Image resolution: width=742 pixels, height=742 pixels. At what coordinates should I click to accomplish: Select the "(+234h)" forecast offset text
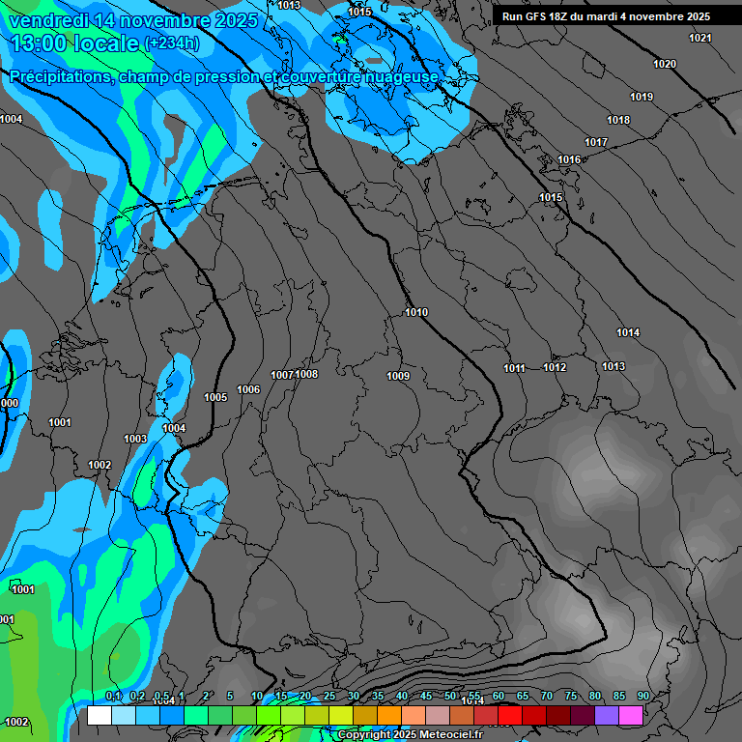pyautogui.click(x=171, y=43)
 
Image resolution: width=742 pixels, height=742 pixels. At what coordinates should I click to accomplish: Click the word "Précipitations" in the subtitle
pyautogui.click(x=60, y=76)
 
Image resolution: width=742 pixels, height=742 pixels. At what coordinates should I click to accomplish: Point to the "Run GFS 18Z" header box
pyautogui.click(x=606, y=16)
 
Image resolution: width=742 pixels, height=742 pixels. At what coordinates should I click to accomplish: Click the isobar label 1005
pyautogui.click(x=215, y=397)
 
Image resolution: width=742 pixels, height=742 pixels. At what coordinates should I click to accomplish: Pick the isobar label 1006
pyautogui.click(x=248, y=389)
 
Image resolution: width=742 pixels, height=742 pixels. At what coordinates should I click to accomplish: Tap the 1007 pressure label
pyautogui.click(x=282, y=375)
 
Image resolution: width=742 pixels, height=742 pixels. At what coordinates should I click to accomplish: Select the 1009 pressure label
pyautogui.click(x=398, y=376)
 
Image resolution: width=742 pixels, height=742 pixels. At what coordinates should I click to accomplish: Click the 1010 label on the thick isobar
pyautogui.click(x=416, y=312)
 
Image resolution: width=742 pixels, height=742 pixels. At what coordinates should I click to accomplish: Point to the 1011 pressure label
pyautogui.click(x=514, y=368)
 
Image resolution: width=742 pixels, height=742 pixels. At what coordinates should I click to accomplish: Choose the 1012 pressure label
pyautogui.click(x=555, y=367)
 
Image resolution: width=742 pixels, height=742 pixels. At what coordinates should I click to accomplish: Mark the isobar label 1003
pyautogui.click(x=135, y=439)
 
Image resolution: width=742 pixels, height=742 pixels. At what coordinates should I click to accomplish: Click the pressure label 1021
pyautogui.click(x=700, y=38)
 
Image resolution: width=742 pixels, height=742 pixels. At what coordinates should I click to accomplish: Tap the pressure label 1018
pyautogui.click(x=618, y=120)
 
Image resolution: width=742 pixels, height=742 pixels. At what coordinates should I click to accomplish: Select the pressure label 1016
pyautogui.click(x=569, y=159)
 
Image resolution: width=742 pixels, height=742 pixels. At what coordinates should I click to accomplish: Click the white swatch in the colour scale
pyautogui.click(x=100, y=715)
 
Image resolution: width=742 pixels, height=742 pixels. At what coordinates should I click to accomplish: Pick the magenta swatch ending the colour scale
pyautogui.click(x=631, y=715)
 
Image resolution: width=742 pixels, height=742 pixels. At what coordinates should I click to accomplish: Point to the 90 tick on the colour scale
pyautogui.click(x=642, y=697)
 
